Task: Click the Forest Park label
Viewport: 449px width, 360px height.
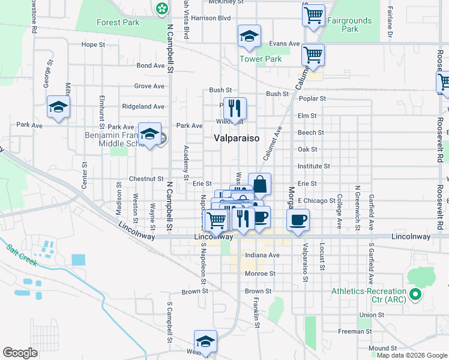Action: tap(118, 23)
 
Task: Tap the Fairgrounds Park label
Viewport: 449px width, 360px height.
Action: tap(349, 25)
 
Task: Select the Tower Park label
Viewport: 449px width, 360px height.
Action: tap(261, 59)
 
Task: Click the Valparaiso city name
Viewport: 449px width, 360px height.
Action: tap(237, 138)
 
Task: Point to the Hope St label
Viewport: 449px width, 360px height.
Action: tap(93, 44)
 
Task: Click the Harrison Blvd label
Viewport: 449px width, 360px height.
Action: tap(211, 18)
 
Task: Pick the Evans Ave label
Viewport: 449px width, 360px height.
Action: tap(285, 44)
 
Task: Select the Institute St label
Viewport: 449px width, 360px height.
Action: tap(314, 166)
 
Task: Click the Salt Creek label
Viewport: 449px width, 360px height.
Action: tap(22, 254)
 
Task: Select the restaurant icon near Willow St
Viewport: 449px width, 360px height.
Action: tap(235, 109)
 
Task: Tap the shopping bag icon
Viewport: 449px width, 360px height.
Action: tap(259, 184)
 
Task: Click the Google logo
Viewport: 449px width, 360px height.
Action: tap(20, 353)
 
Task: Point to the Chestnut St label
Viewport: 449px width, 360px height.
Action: tap(146, 179)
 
